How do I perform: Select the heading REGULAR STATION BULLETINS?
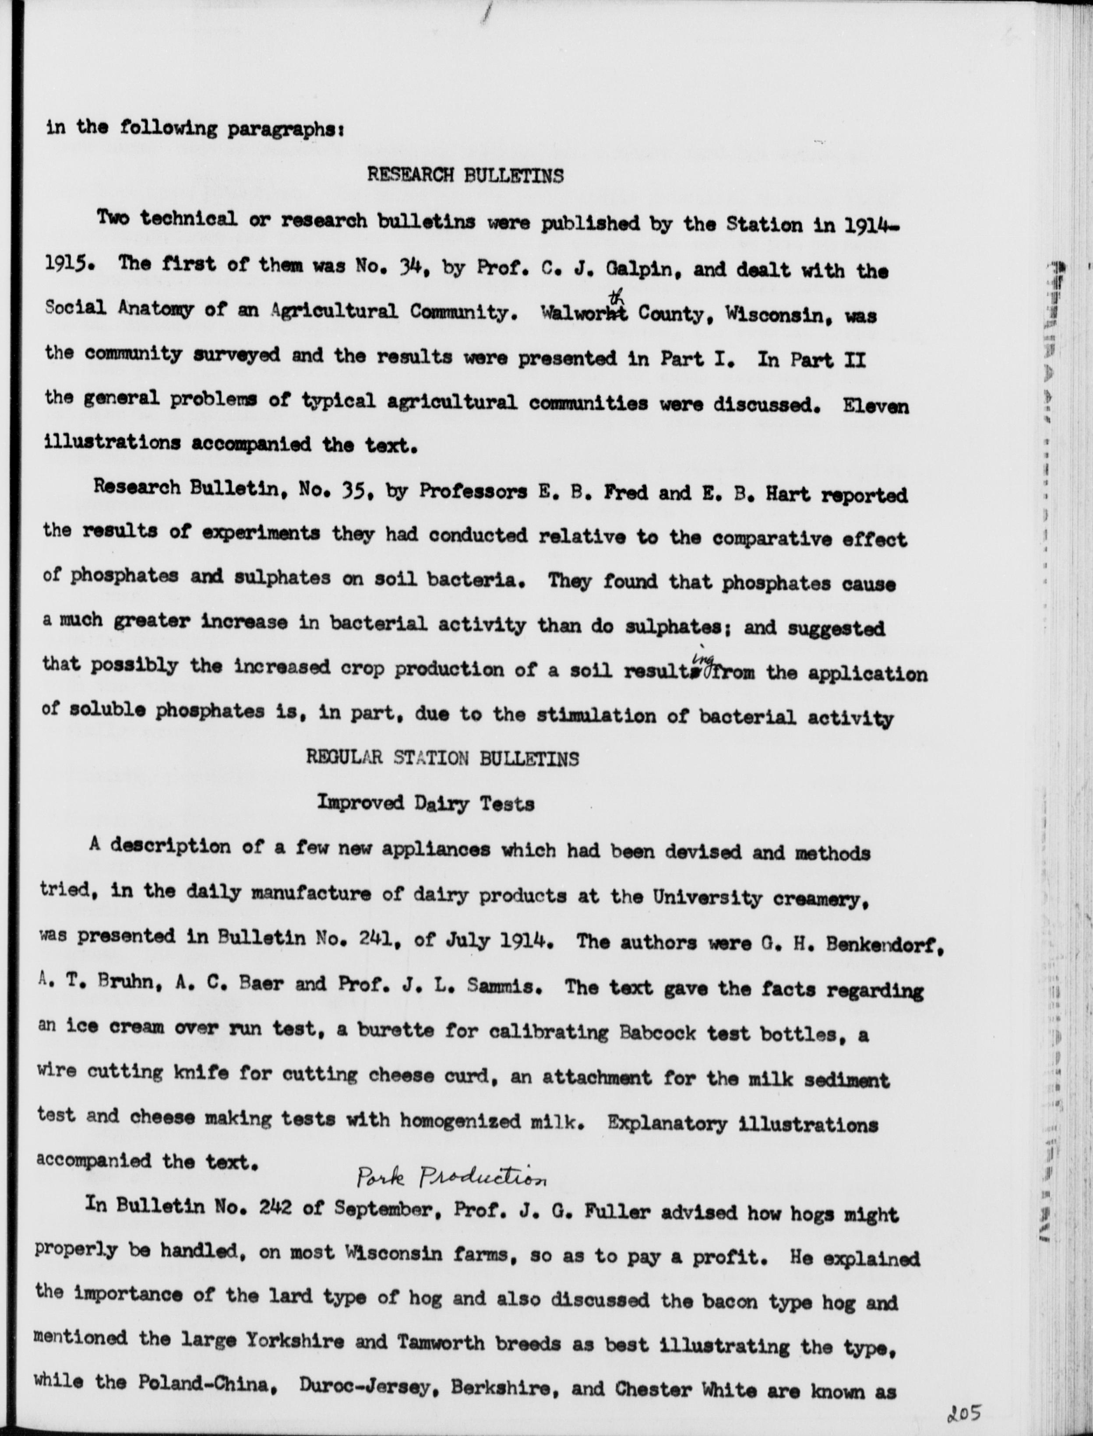point(442,758)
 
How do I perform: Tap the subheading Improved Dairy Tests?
point(426,803)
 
